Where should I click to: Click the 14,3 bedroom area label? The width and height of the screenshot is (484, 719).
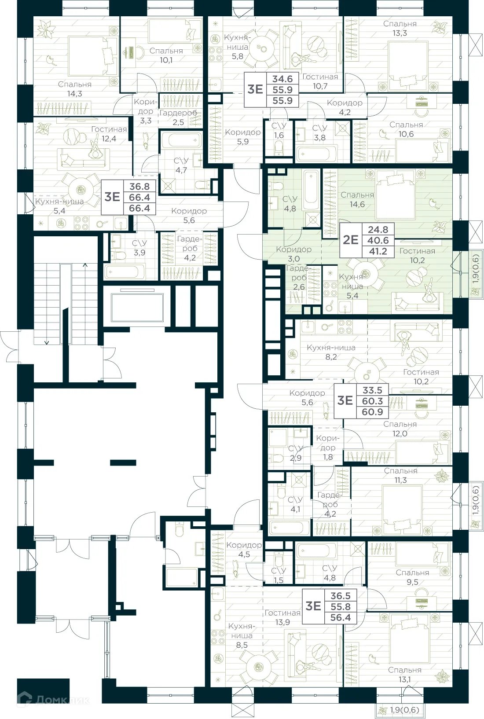(x=75, y=89)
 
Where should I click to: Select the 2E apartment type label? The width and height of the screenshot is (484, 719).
(x=351, y=240)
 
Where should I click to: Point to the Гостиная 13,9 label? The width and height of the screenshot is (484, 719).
(x=282, y=617)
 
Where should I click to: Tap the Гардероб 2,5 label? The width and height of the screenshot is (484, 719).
(x=178, y=117)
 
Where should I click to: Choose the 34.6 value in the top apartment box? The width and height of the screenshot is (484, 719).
(x=282, y=79)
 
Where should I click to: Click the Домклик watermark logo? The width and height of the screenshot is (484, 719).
(x=53, y=700)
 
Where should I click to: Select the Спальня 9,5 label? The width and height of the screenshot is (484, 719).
(x=412, y=577)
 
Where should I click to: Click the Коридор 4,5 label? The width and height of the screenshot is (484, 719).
(x=244, y=550)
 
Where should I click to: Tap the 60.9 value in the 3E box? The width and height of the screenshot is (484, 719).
(x=372, y=412)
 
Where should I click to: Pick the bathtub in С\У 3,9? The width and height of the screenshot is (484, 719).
(x=125, y=271)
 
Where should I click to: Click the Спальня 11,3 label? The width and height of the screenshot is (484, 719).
(x=400, y=475)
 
